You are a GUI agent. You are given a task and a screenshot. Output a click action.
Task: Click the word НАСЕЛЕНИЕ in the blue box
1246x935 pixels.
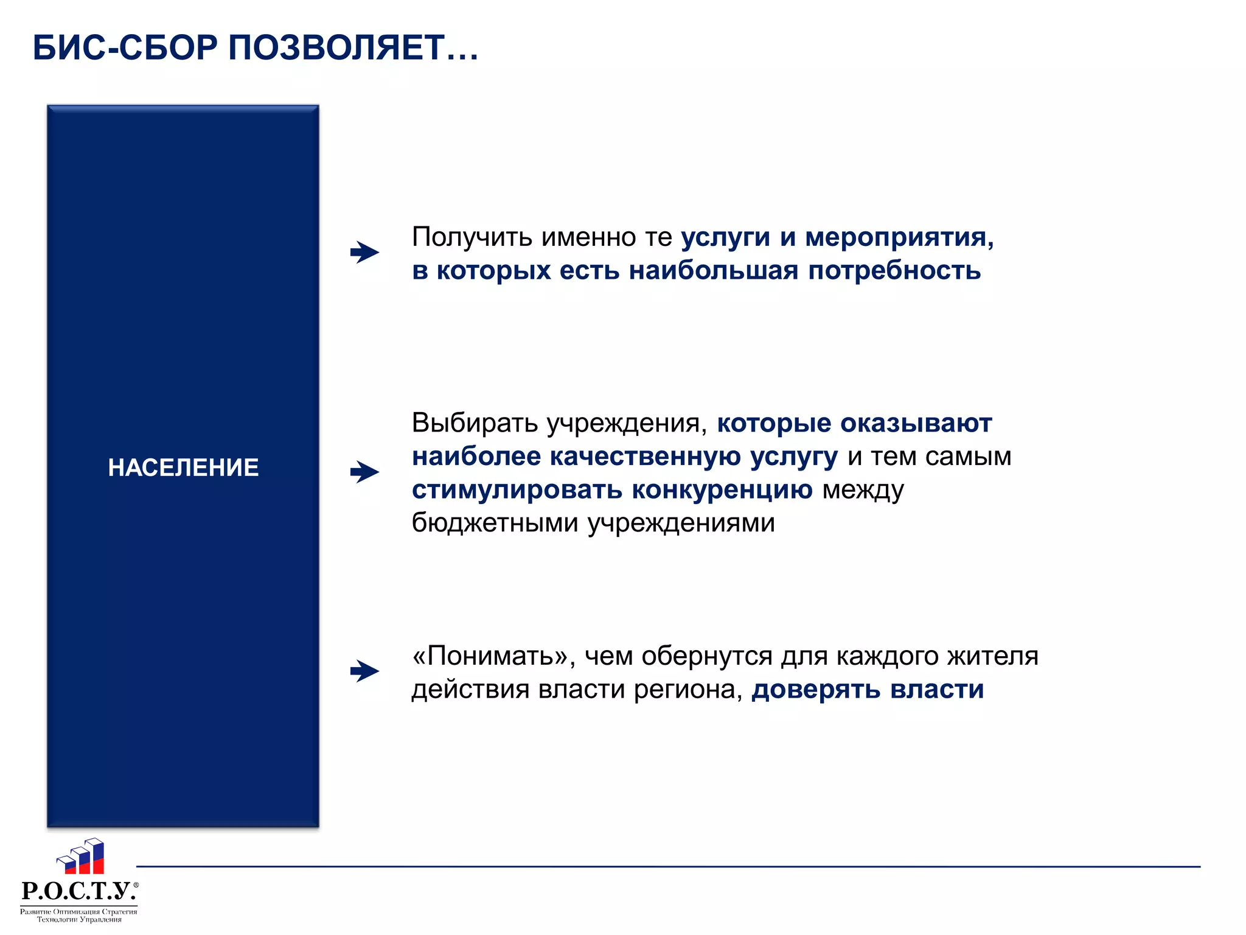pos(183,467)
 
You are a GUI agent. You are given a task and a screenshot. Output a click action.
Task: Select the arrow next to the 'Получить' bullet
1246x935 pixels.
pos(364,252)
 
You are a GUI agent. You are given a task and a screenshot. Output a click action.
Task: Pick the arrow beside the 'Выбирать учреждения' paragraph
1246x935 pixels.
pos(364,472)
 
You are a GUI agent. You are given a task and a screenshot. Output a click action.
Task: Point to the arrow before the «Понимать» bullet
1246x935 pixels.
pos(364,671)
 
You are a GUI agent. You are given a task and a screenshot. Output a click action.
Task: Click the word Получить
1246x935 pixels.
pos(472,237)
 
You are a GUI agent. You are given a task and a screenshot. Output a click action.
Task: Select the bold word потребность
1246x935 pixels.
pos(894,270)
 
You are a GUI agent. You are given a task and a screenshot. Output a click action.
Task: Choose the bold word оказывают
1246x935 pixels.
pos(916,422)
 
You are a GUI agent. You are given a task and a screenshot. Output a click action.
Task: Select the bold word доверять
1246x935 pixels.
pos(816,690)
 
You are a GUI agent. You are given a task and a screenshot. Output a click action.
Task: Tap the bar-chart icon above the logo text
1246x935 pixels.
pos(81,856)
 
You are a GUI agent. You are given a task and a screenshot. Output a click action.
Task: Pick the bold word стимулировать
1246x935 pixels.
pos(517,489)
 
